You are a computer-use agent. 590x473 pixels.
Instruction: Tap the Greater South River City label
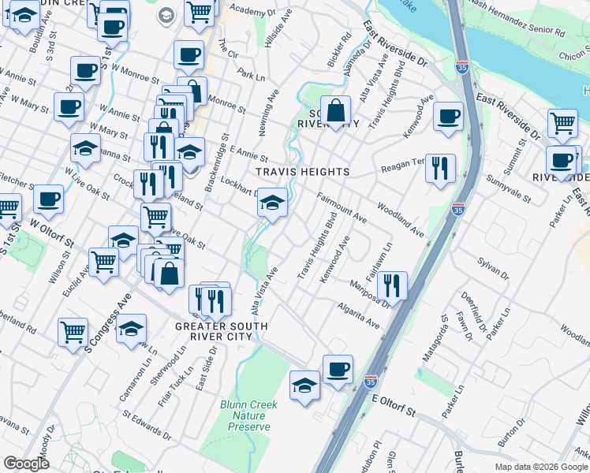click(x=222, y=331)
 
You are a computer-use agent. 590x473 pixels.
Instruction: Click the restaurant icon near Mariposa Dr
click(x=392, y=285)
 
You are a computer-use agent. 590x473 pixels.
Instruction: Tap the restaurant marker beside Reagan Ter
click(x=440, y=167)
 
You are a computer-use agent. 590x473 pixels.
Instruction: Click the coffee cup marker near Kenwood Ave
click(x=449, y=116)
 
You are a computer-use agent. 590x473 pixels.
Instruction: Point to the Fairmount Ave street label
click(x=342, y=206)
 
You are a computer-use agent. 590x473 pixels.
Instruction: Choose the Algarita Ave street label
click(x=359, y=314)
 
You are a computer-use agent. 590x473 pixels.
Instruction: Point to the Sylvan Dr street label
click(x=493, y=266)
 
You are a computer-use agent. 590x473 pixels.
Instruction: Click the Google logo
click(x=26, y=463)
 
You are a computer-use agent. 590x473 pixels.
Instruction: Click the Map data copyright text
click(x=541, y=467)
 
